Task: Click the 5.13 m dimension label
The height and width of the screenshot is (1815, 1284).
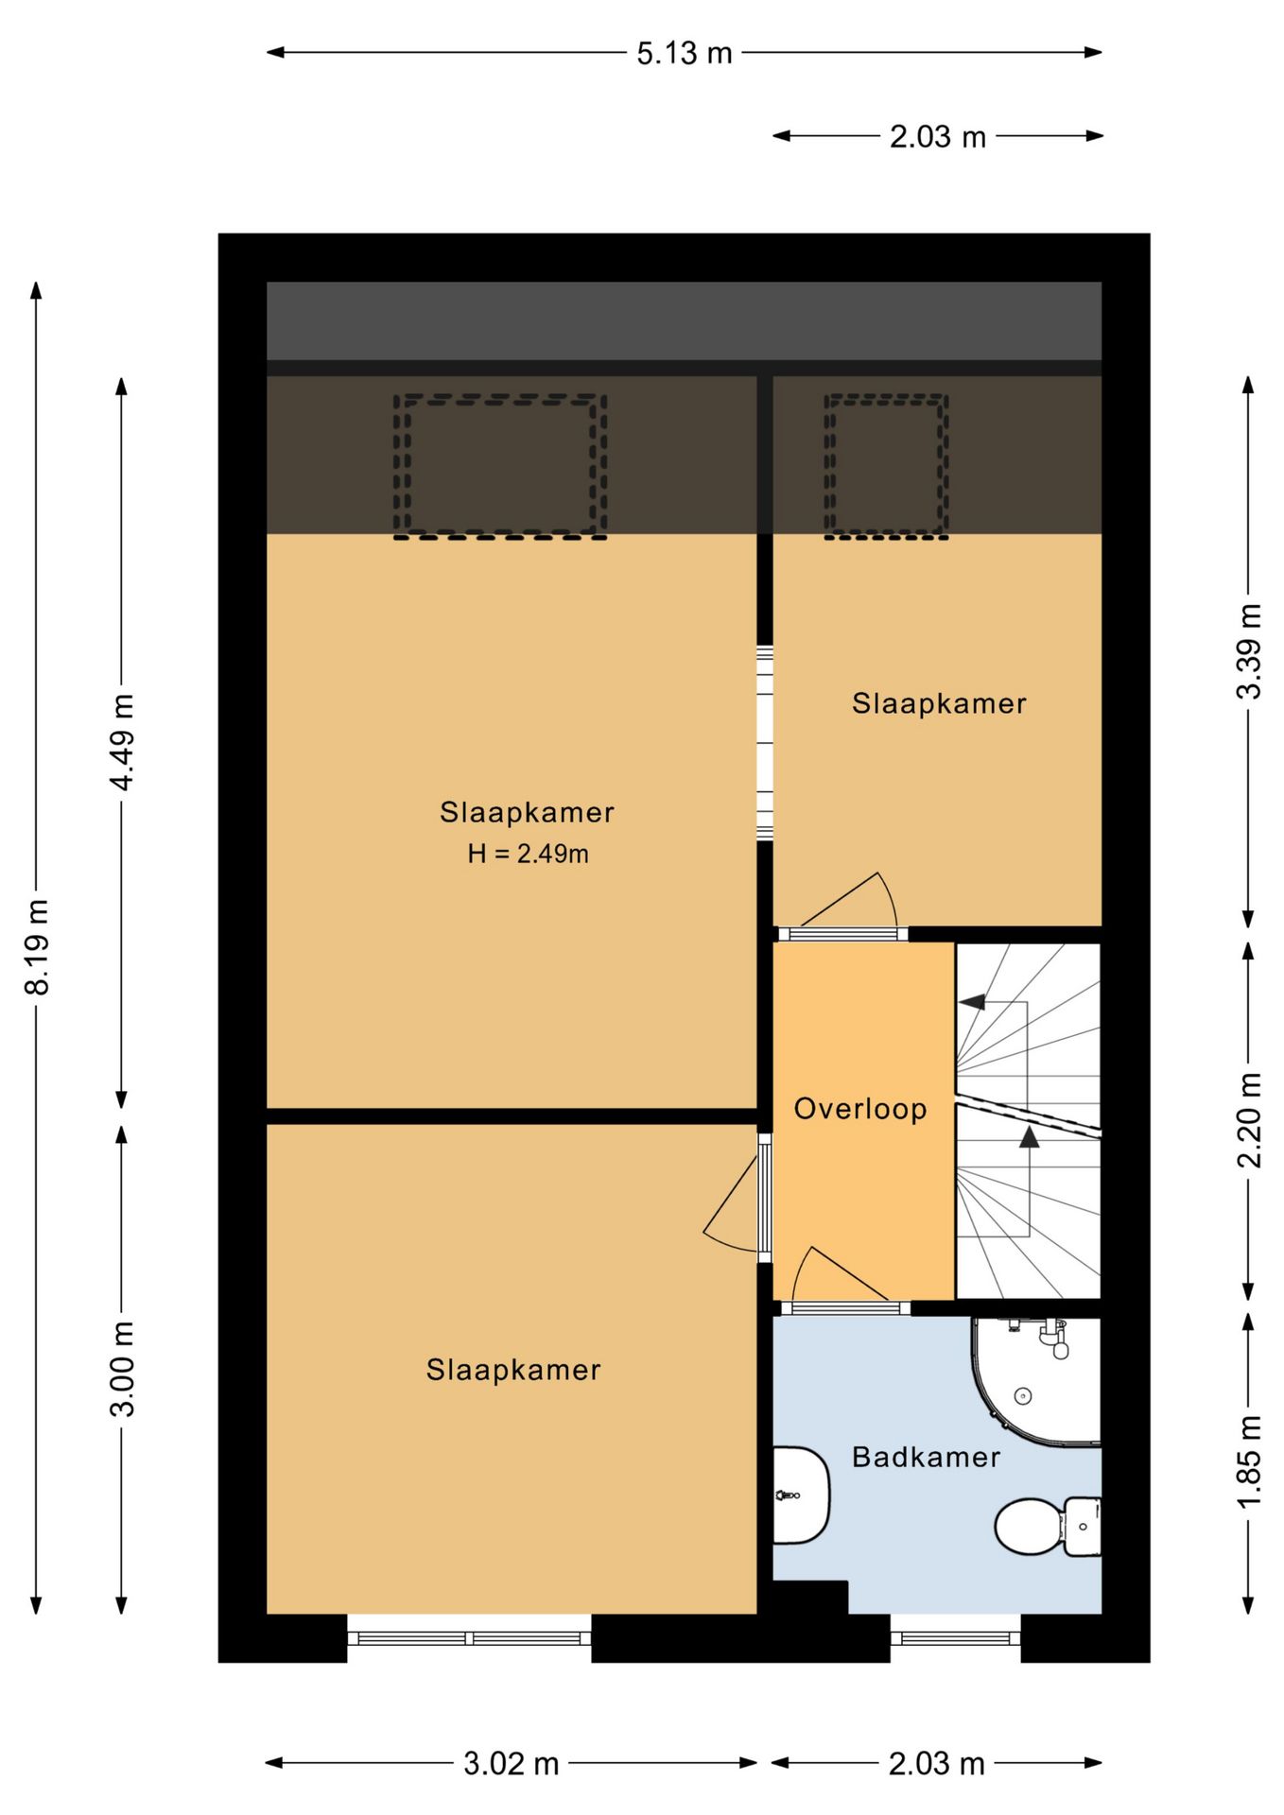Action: pos(684,53)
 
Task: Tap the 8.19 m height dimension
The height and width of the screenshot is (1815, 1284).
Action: pos(37,947)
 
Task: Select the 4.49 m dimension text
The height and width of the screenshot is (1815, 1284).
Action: pos(122,741)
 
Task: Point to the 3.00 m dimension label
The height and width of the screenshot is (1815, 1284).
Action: pos(122,1369)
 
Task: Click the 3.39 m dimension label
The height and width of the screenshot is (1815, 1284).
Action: pos(1249,651)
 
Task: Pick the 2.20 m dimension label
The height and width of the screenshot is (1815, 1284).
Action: pos(1249,1119)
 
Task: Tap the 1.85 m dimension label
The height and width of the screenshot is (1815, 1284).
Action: pos(1249,1461)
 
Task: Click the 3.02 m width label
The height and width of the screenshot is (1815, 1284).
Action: pos(512,1764)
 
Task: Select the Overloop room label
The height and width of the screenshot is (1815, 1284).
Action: pos(859,1109)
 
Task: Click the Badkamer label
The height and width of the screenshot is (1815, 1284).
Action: pos(926,1457)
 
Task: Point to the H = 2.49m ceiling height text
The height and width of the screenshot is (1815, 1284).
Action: pos(528,854)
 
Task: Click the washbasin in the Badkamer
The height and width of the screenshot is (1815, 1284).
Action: pos(801,1495)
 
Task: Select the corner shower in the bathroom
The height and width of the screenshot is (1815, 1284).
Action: pos(1036,1381)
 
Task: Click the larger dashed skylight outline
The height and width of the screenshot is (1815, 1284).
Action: pos(500,467)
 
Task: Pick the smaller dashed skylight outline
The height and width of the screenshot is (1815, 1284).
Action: pos(886,467)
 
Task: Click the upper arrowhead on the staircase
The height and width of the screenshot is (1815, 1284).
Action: pos(972,1002)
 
